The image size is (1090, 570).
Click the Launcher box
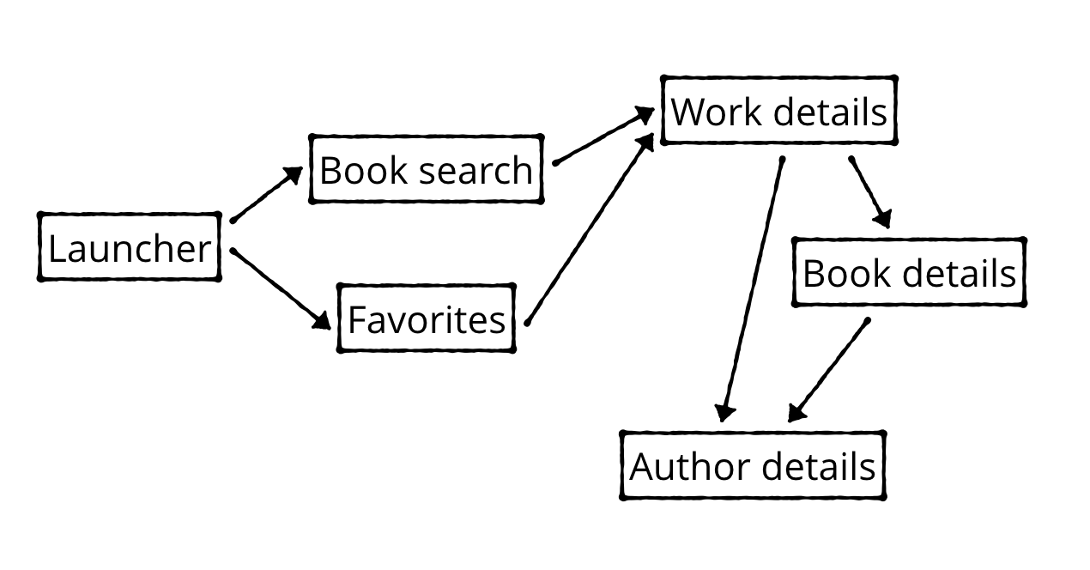coord(130,247)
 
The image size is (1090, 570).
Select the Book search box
coord(427,169)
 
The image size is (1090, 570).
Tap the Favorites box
coord(427,318)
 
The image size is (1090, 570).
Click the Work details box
coord(778,111)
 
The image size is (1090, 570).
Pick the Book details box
coord(909,273)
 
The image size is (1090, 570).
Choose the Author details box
coord(752,466)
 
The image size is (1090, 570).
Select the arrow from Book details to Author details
coord(829,370)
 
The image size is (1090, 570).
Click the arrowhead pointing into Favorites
coord(322,320)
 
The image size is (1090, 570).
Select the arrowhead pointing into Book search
coord(294,174)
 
